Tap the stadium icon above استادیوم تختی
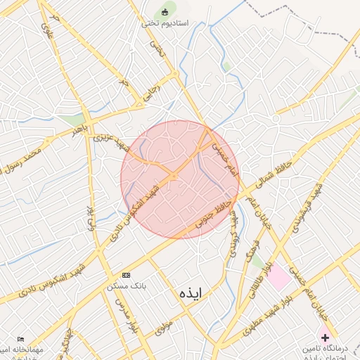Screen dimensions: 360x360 click(165, 11)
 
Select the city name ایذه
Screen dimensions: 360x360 click(191, 292)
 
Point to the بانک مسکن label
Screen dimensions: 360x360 click(126, 285)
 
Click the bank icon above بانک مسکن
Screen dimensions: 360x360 click(126, 274)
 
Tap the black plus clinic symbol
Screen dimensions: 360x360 click(325, 337)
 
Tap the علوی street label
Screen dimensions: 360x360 click(46, 29)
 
